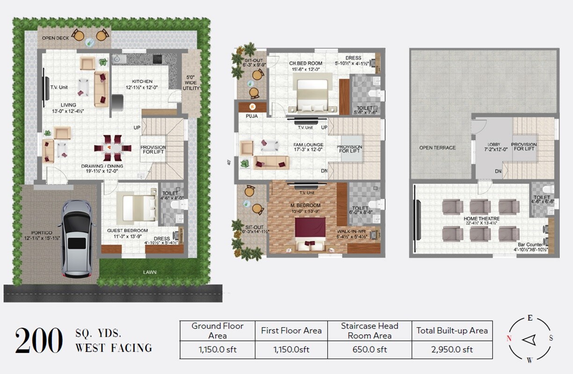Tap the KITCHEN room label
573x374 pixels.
pos(142,81)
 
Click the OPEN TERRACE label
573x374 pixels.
pos(437,148)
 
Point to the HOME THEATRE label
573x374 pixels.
pos(481,219)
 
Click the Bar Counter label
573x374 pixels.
pos(530,245)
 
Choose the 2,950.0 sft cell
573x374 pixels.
pos(452,349)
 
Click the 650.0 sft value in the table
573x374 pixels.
pos(370,349)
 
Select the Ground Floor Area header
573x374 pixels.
pos(218,331)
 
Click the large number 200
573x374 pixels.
pos(39,340)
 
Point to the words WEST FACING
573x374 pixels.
pos(114,348)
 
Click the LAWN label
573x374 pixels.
pos(150,272)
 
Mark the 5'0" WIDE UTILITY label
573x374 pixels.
pos(191,83)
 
